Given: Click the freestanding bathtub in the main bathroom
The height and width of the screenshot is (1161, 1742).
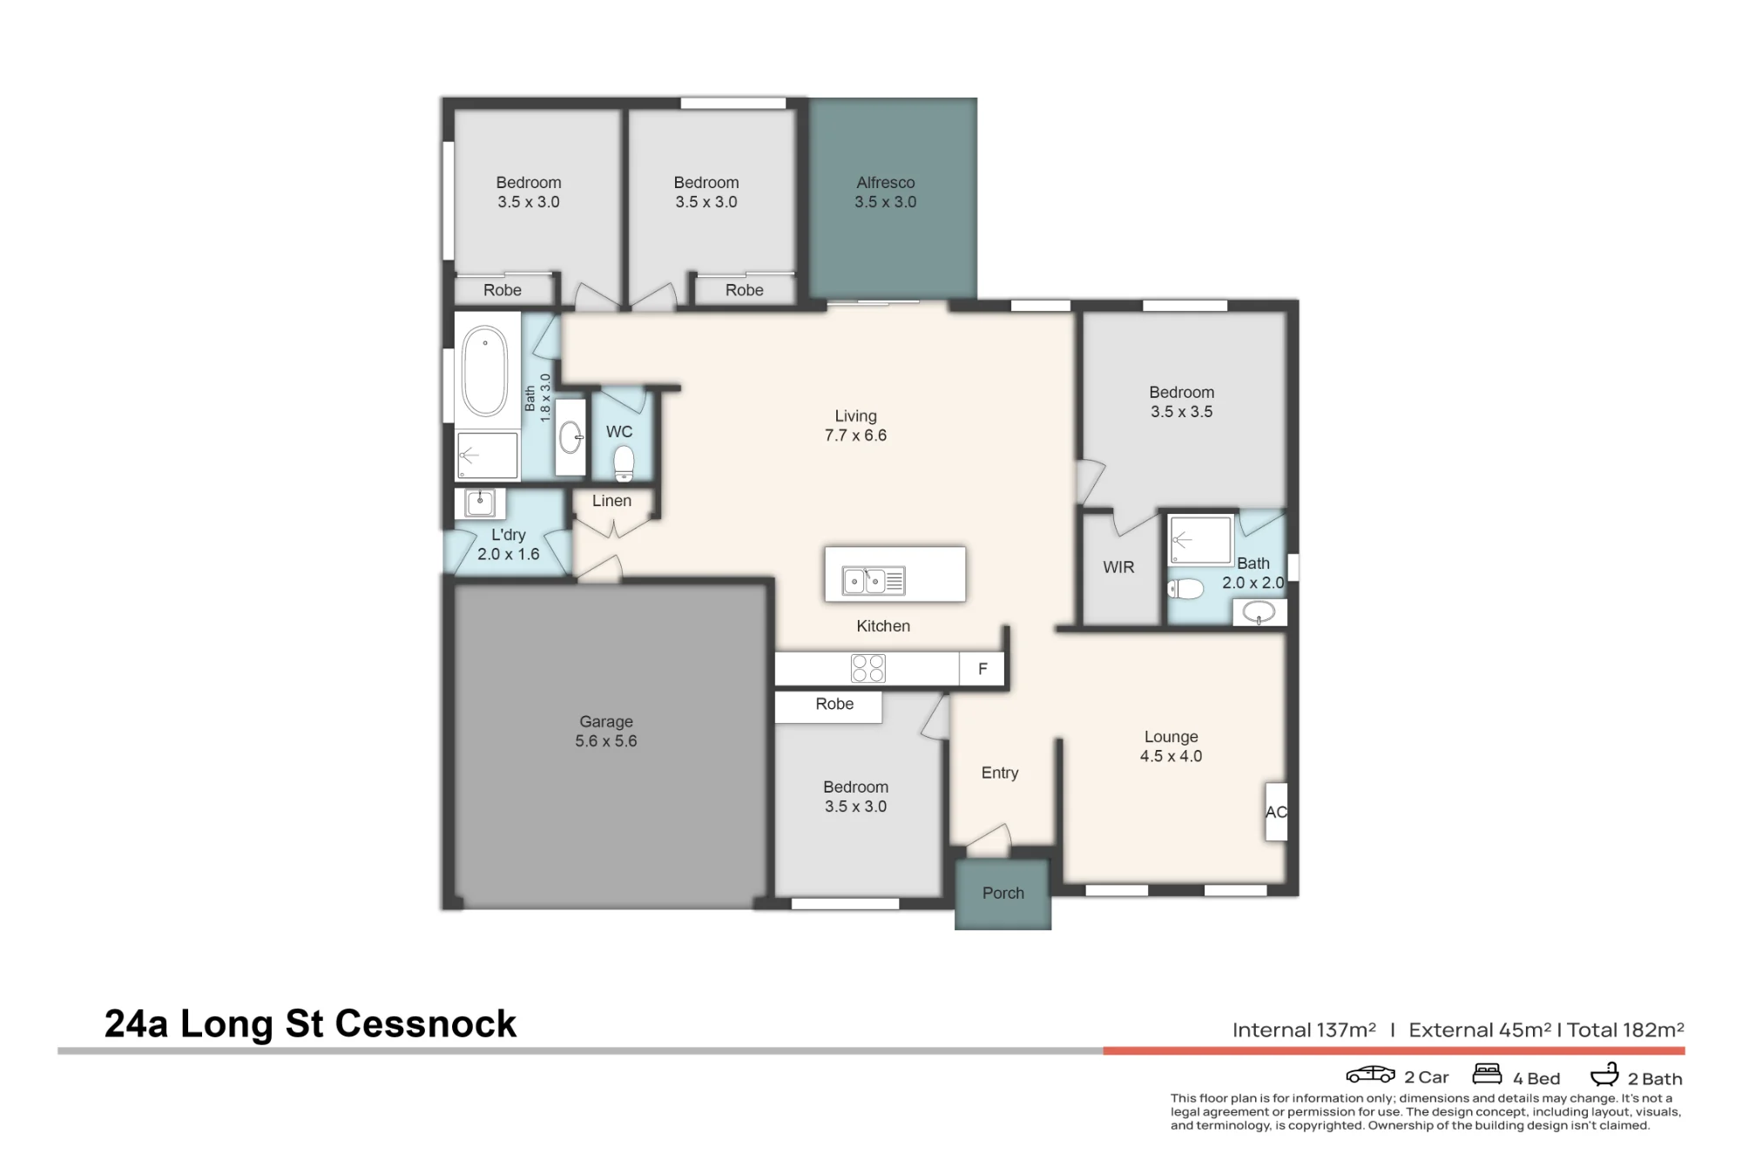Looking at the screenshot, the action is pyautogui.click(x=484, y=371).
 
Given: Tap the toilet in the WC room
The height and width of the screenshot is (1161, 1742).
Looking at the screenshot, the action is pyautogui.click(x=624, y=463).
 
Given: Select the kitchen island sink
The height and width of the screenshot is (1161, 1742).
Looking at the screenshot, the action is pyautogui.click(x=874, y=581).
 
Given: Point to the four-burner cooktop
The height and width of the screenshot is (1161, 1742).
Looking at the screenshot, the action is pyautogui.click(x=868, y=668).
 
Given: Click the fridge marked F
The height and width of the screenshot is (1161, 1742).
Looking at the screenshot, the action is pyautogui.click(x=982, y=669).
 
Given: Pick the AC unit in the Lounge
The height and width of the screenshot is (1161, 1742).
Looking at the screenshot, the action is pyautogui.click(x=1276, y=812).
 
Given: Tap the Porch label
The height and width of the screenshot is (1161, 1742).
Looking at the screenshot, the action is pyautogui.click(x=1003, y=893).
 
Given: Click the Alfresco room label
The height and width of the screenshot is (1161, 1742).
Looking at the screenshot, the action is pyautogui.click(x=886, y=183).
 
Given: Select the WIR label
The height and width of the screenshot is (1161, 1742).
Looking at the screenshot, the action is pyautogui.click(x=1118, y=568).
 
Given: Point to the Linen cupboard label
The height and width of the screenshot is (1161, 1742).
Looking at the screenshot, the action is pyautogui.click(x=611, y=501).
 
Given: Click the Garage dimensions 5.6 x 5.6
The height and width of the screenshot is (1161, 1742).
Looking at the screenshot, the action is pyautogui.click(x=606, y=741).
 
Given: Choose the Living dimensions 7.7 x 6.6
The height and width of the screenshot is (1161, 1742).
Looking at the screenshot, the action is pyautogui.click(x=855, y=435).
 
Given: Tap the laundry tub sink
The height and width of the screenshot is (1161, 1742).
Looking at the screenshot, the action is pyautogui.click(x=480, y=503).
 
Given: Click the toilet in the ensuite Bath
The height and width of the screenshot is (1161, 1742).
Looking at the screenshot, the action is pyautogui.click(x=1185, y=589).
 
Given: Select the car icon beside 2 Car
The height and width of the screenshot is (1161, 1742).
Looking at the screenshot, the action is pyautogui.click(x=1371, y=1075).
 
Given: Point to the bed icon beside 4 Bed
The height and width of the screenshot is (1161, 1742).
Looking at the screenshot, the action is pyautogui.click(x=1488, y=1073).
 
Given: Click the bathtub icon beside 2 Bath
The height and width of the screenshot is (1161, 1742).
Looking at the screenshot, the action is pyautogui.click(x=1604, y=1074).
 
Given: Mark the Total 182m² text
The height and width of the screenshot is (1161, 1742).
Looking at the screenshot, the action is pyautogui.click(x=1625, y=1030).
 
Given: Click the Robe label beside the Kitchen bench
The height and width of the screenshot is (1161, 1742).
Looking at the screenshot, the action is pyautogui.click(x=834, y=704).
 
